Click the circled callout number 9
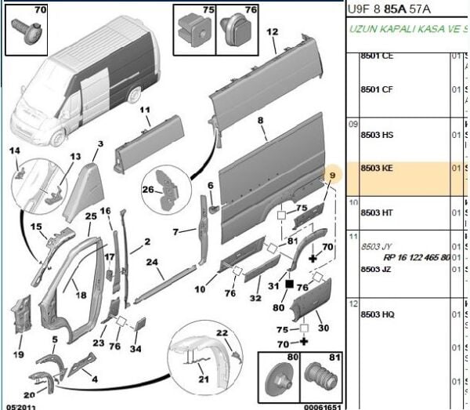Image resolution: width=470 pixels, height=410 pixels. coord(332,175)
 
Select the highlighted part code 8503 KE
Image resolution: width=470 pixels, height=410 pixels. coord(377,168)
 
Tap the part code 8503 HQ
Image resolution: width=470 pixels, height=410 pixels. coord(377,314)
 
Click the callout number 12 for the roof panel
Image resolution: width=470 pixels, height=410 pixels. coord(273,32)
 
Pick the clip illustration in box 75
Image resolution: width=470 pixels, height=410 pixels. coord(193,30)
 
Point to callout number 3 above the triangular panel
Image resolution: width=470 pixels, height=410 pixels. coord(100,144)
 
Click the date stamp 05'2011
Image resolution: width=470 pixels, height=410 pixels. coord(20,406)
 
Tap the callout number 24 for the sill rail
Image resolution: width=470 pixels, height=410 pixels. coord(153,262)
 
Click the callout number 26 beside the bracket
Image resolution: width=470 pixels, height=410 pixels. coord(148,189)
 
